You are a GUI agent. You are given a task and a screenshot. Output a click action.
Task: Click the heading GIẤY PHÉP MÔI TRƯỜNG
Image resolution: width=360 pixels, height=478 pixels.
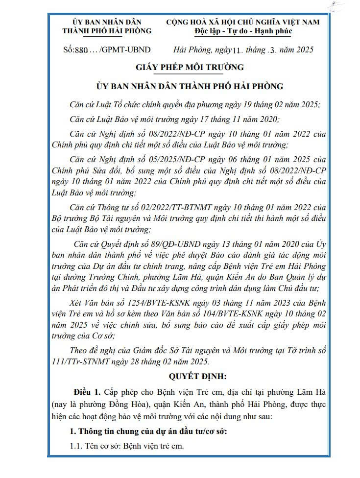(x=190, y=68)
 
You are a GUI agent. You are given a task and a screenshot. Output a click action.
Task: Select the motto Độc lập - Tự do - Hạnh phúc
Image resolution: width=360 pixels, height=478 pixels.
(x=243, y=31)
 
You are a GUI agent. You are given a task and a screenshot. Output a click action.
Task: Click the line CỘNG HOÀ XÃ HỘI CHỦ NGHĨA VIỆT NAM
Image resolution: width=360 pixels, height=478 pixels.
(x=243, y=22)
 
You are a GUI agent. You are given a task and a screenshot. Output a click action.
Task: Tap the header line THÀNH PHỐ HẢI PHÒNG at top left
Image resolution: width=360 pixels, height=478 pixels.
(x=107, y=31)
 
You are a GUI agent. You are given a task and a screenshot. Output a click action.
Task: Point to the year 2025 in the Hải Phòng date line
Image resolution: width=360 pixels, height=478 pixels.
(x=304, y=50)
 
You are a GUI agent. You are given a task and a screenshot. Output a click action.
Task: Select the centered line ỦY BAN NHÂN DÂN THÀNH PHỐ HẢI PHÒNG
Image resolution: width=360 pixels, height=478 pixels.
(x=190, y=87)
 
